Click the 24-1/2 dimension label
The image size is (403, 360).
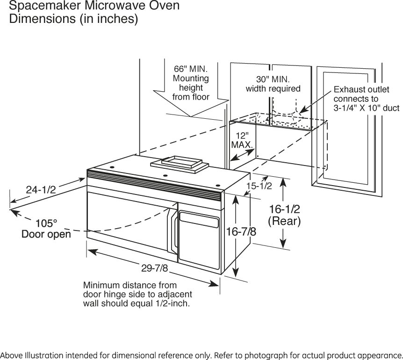tap(41, 189)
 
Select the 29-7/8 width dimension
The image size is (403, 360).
tap(155, 268)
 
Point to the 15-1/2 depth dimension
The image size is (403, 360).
tap(259, 186)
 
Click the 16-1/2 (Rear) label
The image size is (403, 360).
tap(284, 215)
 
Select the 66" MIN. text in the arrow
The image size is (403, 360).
tap(191, 69)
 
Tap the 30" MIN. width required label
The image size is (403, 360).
tap(273, 83)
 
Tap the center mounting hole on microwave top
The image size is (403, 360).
tap(165, 176)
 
